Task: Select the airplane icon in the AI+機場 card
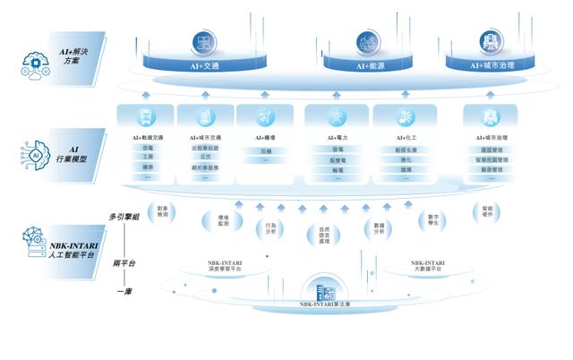(x=265, y=116)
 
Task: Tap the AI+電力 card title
(x=338, y=138)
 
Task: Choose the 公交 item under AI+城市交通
(x=207, y=157)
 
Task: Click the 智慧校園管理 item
(x=492, y=159)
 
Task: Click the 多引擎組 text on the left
(x=124, y=215)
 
